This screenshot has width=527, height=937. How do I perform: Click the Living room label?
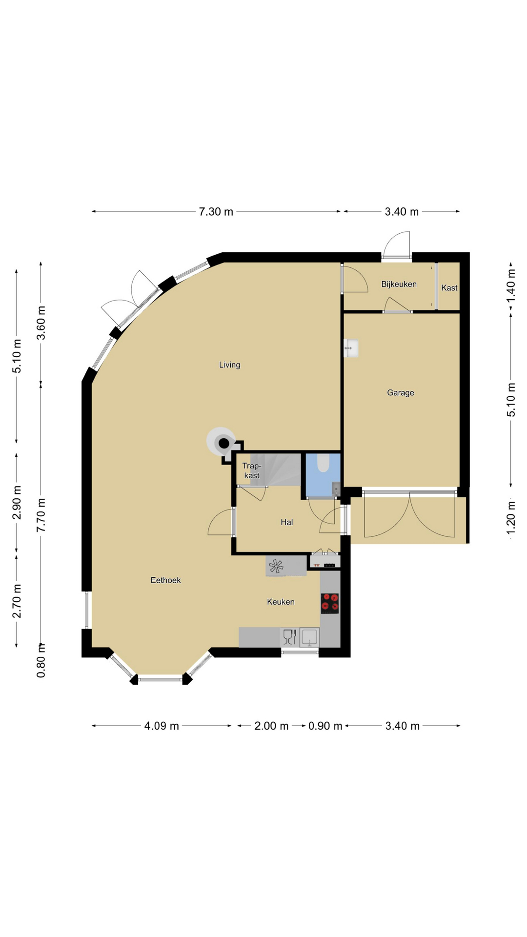pos(229,365)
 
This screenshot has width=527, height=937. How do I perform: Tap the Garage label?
pos(401,392)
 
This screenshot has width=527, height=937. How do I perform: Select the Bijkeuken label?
pos(399,284)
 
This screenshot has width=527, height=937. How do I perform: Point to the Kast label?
pos(449,288)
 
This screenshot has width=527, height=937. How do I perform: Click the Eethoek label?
pos(165,580)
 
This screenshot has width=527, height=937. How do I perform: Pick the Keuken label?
pos(281,602)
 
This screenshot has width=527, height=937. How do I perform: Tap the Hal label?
pos(287,522)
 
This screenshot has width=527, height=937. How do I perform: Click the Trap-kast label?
pos(252,470)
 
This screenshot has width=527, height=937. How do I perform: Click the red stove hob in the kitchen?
pos(330,603)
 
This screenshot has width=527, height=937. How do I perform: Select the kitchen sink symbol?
pos(309,637)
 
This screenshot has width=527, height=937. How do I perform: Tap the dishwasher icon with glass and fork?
pos(290,637)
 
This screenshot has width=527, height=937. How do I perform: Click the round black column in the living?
pos(223,443)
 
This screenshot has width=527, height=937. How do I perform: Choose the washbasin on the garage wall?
pos(351,348)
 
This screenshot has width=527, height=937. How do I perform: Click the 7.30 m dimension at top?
pos(216,212)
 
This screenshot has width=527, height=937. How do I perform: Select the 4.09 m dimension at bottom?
pos(162,726)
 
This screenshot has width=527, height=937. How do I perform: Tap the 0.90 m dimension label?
pos(325,726)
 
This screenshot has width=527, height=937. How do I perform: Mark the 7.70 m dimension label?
pos(41,515)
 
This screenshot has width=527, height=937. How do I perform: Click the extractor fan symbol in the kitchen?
pos(276,566)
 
